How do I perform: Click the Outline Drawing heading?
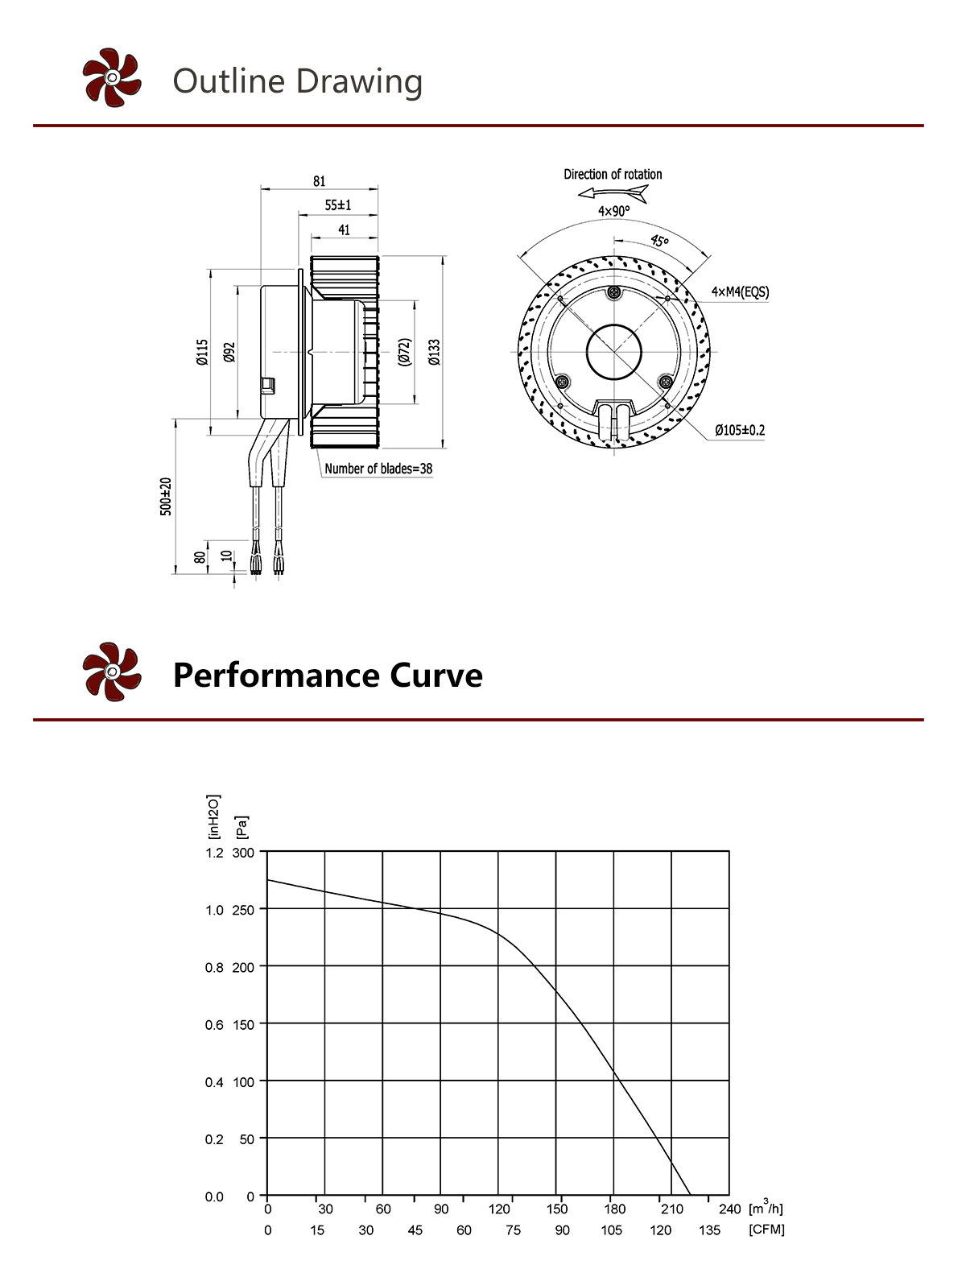click(x=297, y=81)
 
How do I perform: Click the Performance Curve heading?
click(x=328, y=675)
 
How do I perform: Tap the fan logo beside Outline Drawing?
click(x=112, y=77)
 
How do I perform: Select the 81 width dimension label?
click(x=320, y=181)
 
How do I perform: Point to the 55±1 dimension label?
click(x=338, y=205)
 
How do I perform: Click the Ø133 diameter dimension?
click(x=435, y=352)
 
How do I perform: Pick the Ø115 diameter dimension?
click(x=202, y=352)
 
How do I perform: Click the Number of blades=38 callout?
click(x=378, y=469)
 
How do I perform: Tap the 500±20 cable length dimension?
click(x=166, y=496)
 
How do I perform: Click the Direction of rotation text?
click(x=613, y=174)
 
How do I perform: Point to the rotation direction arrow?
click(x=613, y=193)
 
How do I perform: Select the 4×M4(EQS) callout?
click(x=740, y=291)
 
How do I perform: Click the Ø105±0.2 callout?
click(x=740, y=430)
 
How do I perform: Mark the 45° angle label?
click(x=659, y=240)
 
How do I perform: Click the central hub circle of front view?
click(x=614, y=352)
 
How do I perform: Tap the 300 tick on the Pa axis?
click(x=243, y=853)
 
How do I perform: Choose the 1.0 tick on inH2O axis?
click(x=214, y=910)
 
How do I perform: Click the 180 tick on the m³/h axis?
click(x=614, y=1209)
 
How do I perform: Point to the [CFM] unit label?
click(x=766, y=1230)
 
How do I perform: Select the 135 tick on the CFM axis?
click(x=709, y=1230)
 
